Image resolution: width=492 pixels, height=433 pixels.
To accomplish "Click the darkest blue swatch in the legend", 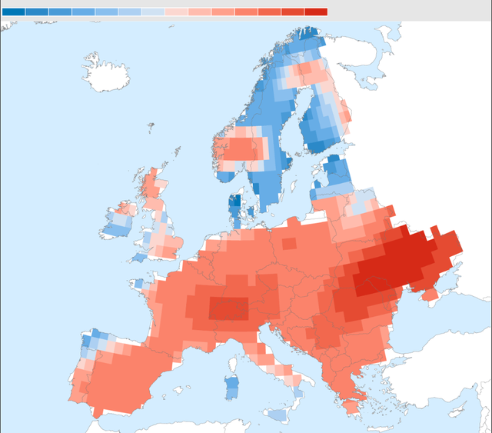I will pos(14,12).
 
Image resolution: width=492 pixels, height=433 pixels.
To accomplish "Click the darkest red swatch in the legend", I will pos(316,12).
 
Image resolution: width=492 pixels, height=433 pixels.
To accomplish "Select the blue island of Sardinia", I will pos(231,386).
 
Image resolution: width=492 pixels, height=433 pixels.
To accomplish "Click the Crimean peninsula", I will pos(427,293).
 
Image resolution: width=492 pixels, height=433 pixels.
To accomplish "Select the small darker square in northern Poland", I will pos(288,244).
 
